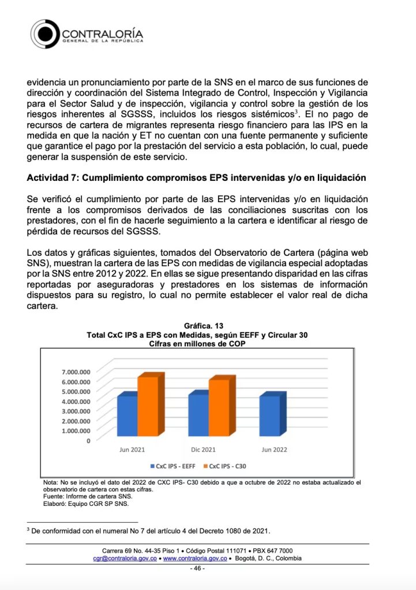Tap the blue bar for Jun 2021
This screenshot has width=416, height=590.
click(x=127, y=415)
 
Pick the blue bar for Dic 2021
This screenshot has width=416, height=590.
click(x=198, y=414)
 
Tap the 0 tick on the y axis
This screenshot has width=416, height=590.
click(x=88, y=441)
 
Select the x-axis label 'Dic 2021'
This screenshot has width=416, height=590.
click(x=203, y=449)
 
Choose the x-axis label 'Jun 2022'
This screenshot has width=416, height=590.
click(x=274, y=449)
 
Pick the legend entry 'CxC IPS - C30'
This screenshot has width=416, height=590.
click(x=230, y=466)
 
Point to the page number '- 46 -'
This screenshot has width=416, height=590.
click(x=198, y=569)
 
